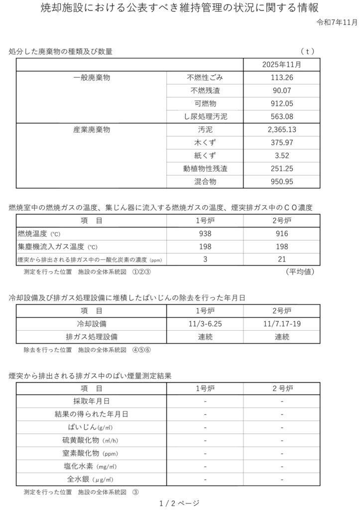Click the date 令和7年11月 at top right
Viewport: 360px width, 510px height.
point(337,23)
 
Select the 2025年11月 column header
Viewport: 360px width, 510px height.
point(281,65)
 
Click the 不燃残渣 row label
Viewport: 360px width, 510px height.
point(205,91)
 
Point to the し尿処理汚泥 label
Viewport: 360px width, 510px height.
point(205,117)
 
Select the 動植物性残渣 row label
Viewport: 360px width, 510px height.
point(205,169)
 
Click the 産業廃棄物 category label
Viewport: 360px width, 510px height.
point(91,130)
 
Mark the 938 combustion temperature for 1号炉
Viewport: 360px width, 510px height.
point(205,234)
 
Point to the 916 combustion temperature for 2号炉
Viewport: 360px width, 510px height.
point(281,234)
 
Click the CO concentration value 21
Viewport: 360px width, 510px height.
point(281,259)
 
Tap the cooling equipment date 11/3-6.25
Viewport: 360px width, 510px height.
point(205,324)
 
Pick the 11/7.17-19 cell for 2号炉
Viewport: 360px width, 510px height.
point(281,324)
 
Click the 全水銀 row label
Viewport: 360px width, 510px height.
point(91,479)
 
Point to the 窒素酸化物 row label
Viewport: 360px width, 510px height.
point(91,453)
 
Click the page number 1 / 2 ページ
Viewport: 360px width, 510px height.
point(179,503)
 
